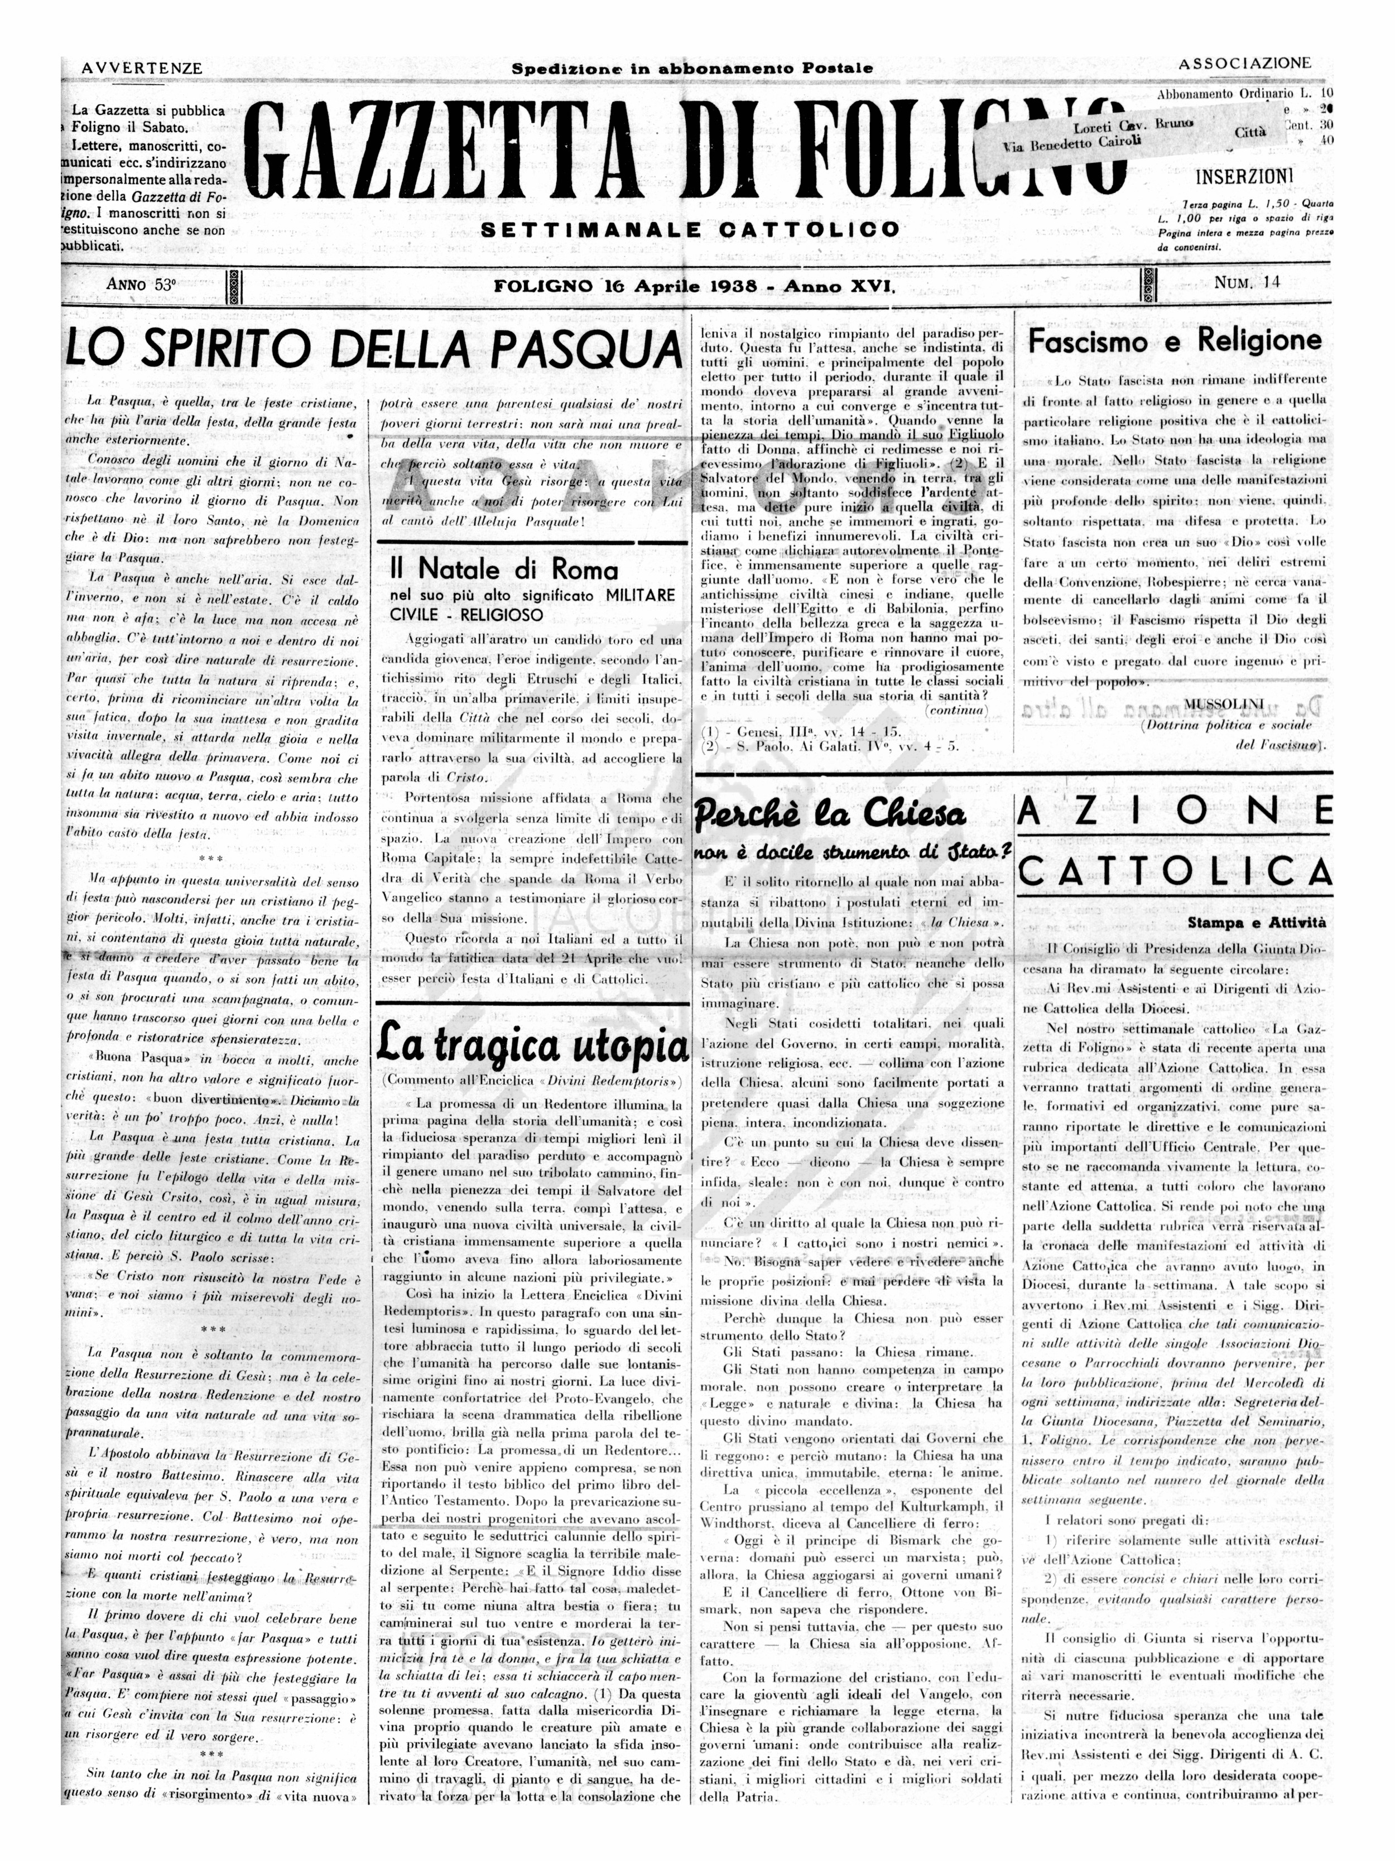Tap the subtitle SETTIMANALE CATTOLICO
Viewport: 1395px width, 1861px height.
click(x=689, y=230)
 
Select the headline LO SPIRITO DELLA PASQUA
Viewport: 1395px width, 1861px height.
click(x=373, y=346)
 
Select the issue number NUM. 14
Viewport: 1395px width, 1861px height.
click(x=1247, y=283)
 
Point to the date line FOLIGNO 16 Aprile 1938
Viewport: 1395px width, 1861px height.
click(x=694, y=286)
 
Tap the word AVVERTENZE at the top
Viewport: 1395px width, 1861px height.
click(x=142, y=68)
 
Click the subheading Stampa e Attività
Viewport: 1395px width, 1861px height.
click(x=1256, y=923)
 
